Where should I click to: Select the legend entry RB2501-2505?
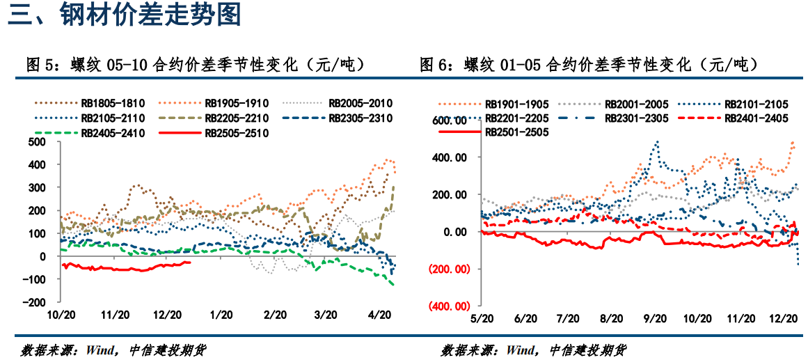point(515,132)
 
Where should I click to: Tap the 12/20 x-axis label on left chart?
point(168,315)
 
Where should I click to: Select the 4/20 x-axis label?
point(379,315)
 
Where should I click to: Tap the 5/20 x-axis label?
point(482,318)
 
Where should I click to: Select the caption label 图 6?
point(435,65)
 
